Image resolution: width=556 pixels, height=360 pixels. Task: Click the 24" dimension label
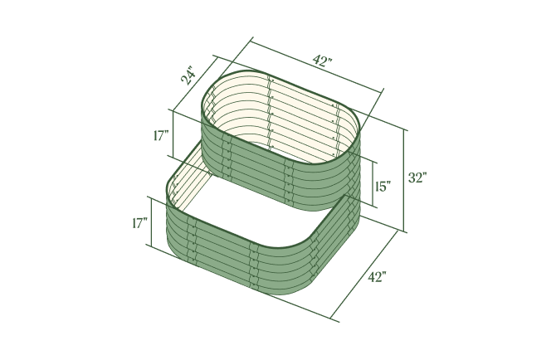189,77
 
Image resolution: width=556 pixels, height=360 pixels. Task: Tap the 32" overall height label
417,178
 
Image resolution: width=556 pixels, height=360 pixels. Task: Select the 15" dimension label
383,187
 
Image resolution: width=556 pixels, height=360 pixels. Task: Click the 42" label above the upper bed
322,61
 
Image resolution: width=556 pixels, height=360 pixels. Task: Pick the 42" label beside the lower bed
377,277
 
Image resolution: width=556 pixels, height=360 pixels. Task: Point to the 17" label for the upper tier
161,136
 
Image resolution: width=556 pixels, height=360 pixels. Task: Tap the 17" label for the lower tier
139,223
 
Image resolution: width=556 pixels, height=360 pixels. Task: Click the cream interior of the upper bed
282,115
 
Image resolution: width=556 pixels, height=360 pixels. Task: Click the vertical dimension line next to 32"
405,179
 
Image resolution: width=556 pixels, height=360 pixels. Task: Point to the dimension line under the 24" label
193,85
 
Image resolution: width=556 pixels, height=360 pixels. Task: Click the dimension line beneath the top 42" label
316,67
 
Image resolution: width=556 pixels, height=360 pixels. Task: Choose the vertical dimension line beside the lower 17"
149,221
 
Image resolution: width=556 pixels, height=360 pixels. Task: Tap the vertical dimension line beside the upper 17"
172,134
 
